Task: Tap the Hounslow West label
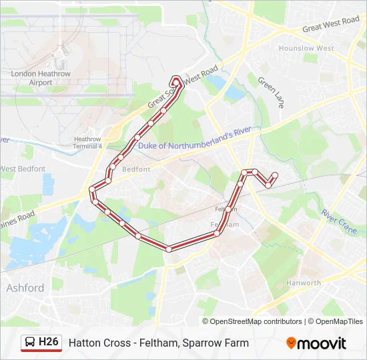pos(306,49)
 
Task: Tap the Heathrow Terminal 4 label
pos(88,142)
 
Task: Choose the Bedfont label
pos(136,169)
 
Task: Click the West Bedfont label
pos(23,169)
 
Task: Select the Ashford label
pos(25,288)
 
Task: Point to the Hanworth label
pos(304,283)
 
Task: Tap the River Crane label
pos(339,217)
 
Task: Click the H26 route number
pos(49,342)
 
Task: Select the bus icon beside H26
pos(30,343)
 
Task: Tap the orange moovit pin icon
pos(291,343)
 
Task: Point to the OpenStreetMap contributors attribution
pos(256,321)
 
